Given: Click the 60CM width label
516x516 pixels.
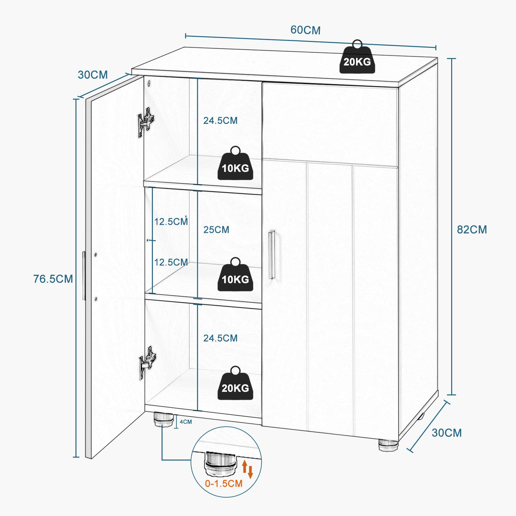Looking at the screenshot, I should (305, 30).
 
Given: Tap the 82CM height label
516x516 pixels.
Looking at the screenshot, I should (472, 230).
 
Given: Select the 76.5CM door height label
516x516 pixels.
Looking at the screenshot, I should (53, 279).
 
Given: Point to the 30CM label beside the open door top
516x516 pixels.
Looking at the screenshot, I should (93, 75).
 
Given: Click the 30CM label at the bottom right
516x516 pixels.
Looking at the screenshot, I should (446, 433).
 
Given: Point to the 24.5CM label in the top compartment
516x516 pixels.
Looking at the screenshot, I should (220, 121).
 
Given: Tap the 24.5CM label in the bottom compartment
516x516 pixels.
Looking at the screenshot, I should (220, 338).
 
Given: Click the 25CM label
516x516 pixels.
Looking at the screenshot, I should (216, 230).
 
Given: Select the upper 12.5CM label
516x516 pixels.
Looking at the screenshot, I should (171, 222).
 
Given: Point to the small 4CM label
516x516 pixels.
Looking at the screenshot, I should (186, 422).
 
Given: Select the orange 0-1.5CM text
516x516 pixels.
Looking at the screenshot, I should (224, 484).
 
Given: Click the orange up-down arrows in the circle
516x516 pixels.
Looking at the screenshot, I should (247, 468).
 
